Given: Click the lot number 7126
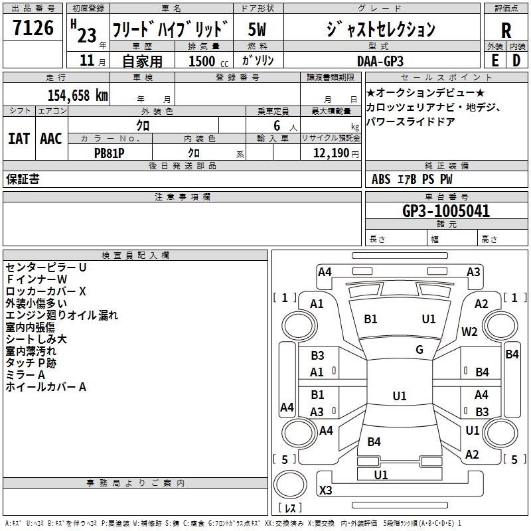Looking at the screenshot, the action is (x=33, y=29).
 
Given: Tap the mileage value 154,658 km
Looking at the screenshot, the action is (x=77, y=96).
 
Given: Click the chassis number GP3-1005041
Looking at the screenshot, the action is (x=446, y=212).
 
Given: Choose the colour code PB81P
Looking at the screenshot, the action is (x=110, y=153).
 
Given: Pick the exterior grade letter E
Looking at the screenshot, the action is (x=494, y=60).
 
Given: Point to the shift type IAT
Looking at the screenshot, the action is (x=19, y=138).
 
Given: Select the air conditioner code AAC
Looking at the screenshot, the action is (x=50, y=138).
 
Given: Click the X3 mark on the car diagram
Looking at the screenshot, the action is (x=326, y=490).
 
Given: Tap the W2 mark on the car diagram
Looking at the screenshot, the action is (x=470, y=332).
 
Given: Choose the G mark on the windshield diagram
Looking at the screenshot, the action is (x=419, y=350).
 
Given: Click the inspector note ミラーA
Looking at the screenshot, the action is (x=26, y=375).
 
